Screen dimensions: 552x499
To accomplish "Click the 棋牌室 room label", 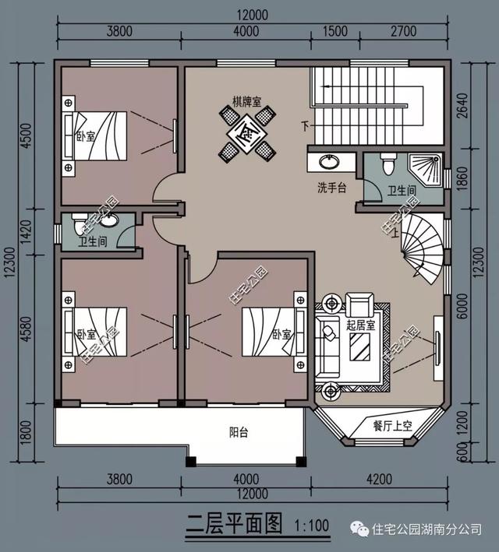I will [246, 101].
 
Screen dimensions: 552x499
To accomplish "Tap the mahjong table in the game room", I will [246, 133].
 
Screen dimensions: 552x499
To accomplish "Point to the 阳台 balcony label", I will [239, 433].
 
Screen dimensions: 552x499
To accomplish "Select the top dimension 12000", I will [250, 14].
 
